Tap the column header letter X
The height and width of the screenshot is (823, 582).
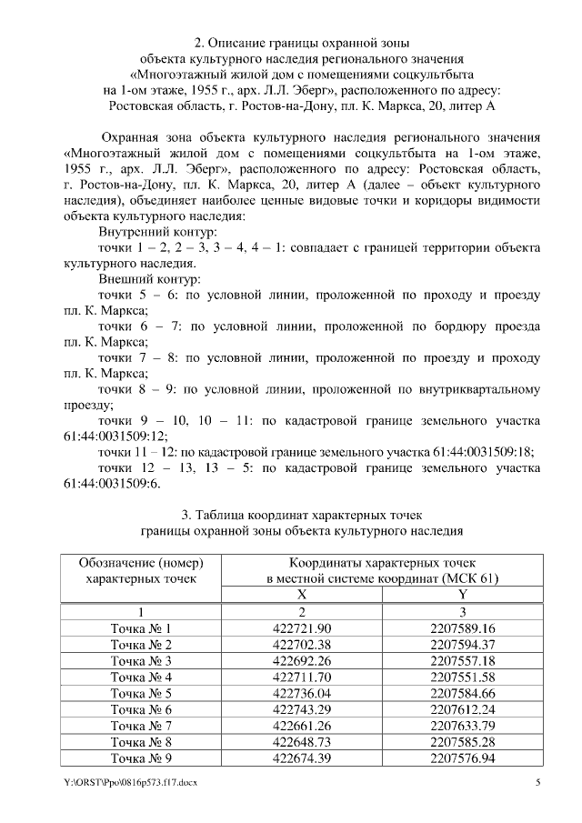coord(302,594)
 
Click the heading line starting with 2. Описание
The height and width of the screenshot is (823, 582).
coord(302,42)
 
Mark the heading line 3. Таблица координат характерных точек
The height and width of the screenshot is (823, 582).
coord(302,514)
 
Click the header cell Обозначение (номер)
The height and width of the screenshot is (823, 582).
coord(141,562)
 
